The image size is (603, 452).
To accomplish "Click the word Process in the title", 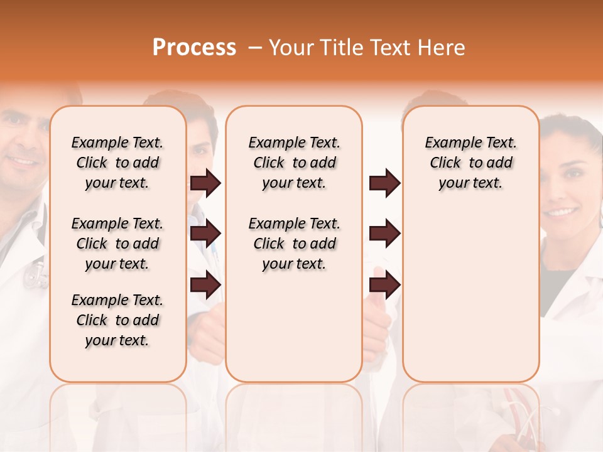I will [x=194, y=48].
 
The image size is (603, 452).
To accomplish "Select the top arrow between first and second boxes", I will [x=205, y=183].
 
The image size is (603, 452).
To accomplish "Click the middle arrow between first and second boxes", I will [x=205, y=234].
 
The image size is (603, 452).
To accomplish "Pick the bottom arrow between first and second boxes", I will [x=205, y=284].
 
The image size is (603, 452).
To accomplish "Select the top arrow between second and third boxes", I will [x=384, y=183].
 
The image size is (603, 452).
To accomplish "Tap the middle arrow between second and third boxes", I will [x=384, y=234].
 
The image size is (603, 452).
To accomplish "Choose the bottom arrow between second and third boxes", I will [x=384, y=284].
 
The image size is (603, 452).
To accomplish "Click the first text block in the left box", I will [x=117, y=163].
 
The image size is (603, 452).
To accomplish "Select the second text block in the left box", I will [x=117, y=244].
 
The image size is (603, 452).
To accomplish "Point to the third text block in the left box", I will [x=117, y=320].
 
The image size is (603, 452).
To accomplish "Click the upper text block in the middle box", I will [x=294, y=163].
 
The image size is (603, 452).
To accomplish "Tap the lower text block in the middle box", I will [x=294, y=244].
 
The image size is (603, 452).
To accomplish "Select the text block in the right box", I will [x=470, y=163].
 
